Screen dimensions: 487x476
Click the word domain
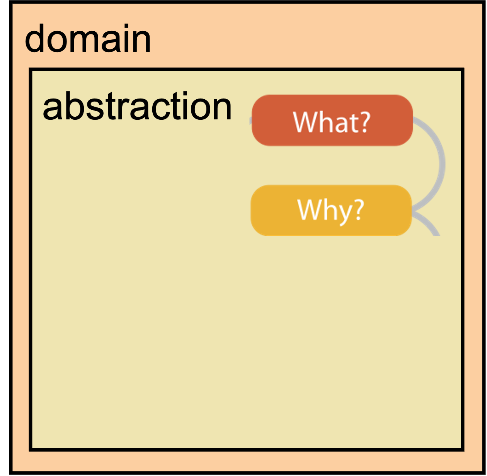[88, 38]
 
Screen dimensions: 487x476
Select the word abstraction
[137, 106]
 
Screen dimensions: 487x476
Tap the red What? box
[332, 120]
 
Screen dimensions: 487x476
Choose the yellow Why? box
[331, 210]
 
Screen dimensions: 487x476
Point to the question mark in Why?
[359, 210]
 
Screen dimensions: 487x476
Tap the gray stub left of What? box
[250, 121]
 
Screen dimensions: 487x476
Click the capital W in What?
[303, 122]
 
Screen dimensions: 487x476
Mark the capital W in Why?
[308, 210]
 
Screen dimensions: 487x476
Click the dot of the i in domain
[126, 25]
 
